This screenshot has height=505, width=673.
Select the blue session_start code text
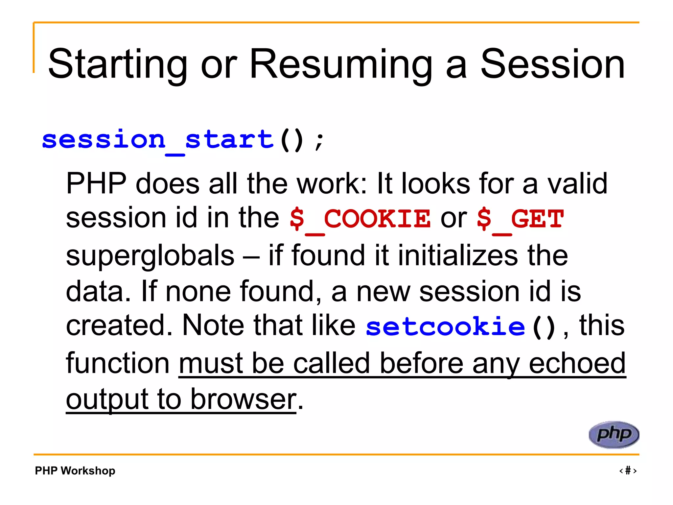pyautogui.click(x=158, y=140)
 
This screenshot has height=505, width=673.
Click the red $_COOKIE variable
pyautogui.click(x=360, y=219)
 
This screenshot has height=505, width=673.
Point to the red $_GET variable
pyautogui.click(x=520, y=219)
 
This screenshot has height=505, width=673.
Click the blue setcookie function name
pyautogui.click(x=445, y=326)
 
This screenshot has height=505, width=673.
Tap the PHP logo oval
pyautogui.click(x=614, y=434)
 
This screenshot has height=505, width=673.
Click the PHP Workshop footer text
pyautogui.click(x=75, y=470)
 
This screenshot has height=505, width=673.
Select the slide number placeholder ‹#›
pyautogui.click(x=628, y=470)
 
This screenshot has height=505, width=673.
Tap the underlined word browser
pyautogui.click(x=243, y=399)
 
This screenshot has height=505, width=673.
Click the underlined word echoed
pyautogui.click(x=577, y=363)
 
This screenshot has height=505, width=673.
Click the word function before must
pyautogui.click(x=118, y=363)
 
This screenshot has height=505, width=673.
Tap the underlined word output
pyautogui.click(x=107, y=399)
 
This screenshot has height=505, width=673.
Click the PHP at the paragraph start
pyautogui.click(x=96, y=183)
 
